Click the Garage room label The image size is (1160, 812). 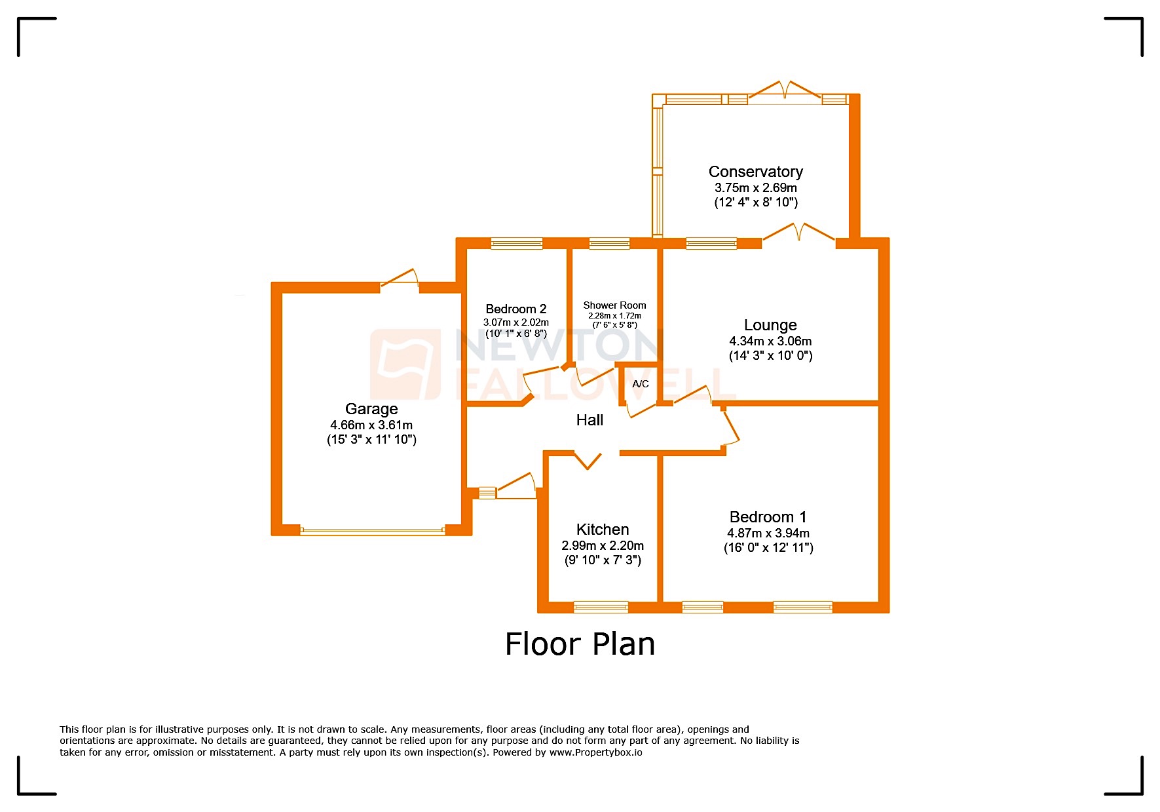pyautogui.click(x=371, y=409)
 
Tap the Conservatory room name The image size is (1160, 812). pyautogui.click(x=755, y=172)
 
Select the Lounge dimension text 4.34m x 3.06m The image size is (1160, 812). pyautogui.click(x=770, y=341)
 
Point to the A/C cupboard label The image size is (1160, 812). pyautogui.click(x=641, y=384)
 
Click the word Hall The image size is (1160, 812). pyautogui.click(x=589, y=420)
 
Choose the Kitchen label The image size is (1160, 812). pyautogui.click(x=603, y=530)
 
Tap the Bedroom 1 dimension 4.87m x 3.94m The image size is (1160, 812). pyautogui.click(x=768, y=533)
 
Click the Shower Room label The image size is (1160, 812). pyautogui.click(x=614, y=305)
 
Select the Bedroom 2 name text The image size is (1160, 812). pyautogui.click(x=516, y=309)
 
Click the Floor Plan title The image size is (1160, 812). pyautogui.click(x=580, y=644)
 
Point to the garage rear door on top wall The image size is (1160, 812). pyautogui.click(x=400, y=280)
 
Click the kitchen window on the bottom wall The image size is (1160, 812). pyautogui.click(x=601, y=607)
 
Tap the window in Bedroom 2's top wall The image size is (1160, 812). pyautogui.click(x=517, y=243)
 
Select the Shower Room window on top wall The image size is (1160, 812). pyautogui.click(x=609, y=243)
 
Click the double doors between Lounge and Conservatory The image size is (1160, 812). pyautogui.click(x=798, y=235)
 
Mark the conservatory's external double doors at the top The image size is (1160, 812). pyautogui.click(x=785, y=92)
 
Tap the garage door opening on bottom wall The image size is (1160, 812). pyautogui.click(x=373, y=531)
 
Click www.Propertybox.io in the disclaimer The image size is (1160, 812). pyautogui.click(x=595, y=752)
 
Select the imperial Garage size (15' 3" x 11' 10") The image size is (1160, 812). pyautogui.click(x=371, y=440)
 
